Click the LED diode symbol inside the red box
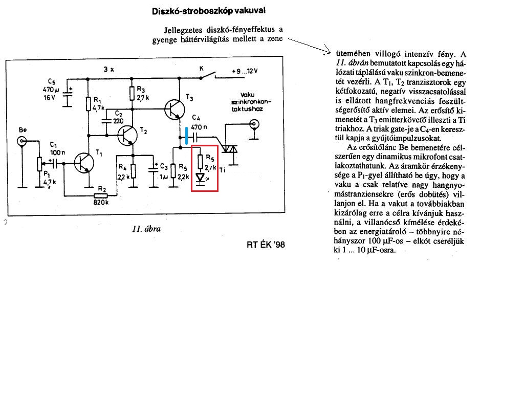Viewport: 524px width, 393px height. click(201, 178)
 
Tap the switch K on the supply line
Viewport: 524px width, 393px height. click(207, 76)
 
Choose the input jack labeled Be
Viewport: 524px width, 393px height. click(22, 141)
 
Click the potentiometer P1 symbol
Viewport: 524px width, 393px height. click(39, 163)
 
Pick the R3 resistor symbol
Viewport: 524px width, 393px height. click(132, 93)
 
